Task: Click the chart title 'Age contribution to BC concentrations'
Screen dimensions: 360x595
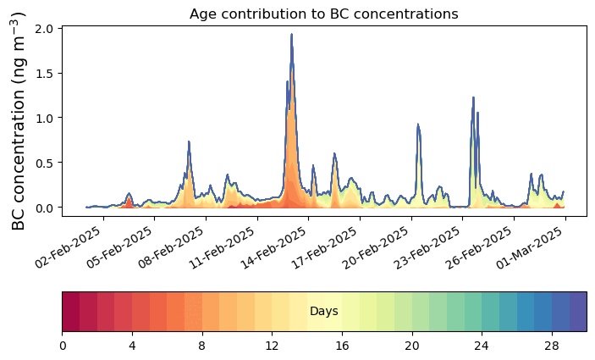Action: (x=323, y=14)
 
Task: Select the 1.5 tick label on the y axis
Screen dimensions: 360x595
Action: (x=44, y=74)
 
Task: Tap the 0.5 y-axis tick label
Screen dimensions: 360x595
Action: (x=44, y=163)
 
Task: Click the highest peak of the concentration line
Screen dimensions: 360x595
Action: (x=291, y=35)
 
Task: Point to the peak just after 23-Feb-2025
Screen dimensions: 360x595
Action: (x=473, y=97)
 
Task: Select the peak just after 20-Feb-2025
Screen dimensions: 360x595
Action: (x=418, y=125)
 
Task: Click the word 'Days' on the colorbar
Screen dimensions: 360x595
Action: (x=324, y=312)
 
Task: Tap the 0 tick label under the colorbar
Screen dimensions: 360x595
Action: (x=63, y=345)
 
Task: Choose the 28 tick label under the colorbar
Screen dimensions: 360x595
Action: (x=553, y=345)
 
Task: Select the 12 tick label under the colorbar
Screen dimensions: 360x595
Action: (x=273, y=345)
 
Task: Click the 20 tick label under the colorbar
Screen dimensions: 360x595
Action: (x=412, y=345)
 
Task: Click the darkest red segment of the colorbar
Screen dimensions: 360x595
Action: (x=71, y=312)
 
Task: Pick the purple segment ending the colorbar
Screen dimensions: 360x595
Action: (x=578, y=312)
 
